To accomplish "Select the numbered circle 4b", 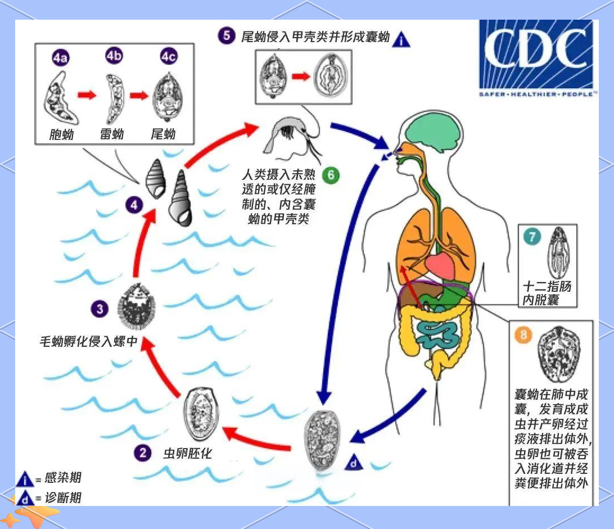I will pyautogui.click(x=114, y=57).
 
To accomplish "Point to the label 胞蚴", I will pyautogui.click(x=61, y=134).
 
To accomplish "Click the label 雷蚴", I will pyautogui.click(x=112, y=134).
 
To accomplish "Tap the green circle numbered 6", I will pyautogui.click(x=331, y=175).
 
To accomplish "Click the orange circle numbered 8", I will pyautogui.click(x=524, y=336).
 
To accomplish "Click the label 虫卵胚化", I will pyautogui.click(x=187, y=453).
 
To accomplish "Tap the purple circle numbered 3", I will pyautogui.click(x=100, y=309).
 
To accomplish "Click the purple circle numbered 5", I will pyautogui.click(x=226, y=36).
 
